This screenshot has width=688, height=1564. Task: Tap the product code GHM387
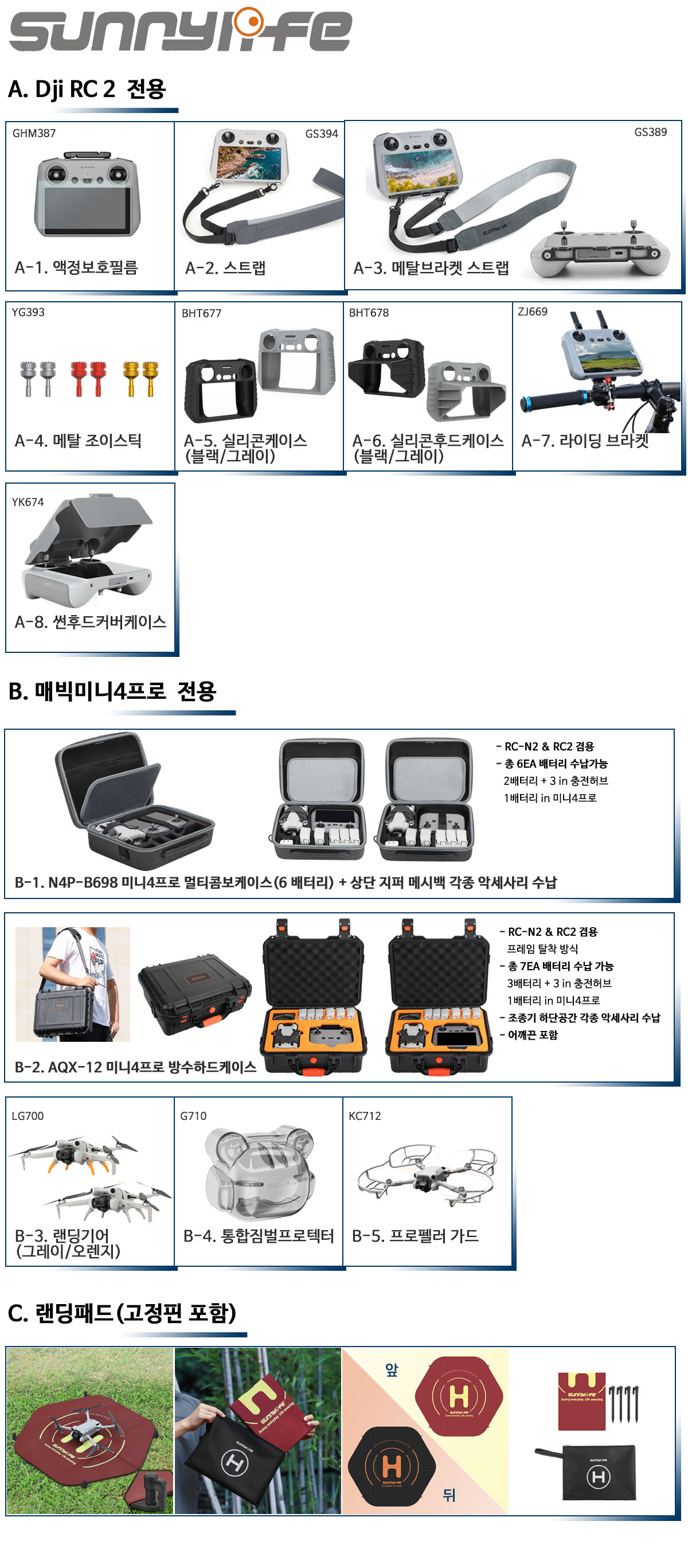point(34,133)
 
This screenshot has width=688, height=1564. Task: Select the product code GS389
point(650,132)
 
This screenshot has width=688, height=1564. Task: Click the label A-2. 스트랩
point(225,268)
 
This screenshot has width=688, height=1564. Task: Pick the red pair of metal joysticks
point(88,378)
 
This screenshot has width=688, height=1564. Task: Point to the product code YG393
point(28,312)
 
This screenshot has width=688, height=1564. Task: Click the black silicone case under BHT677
point(220,390)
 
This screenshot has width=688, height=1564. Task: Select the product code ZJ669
point(532,312)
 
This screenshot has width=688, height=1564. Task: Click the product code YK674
point(28,502)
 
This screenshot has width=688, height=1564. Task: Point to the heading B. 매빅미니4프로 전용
point(112,691)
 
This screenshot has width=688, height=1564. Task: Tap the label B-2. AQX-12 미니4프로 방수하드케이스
point(135,1067)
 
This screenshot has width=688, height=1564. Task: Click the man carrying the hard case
point(73,983)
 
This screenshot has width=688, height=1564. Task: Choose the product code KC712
point(365,1116)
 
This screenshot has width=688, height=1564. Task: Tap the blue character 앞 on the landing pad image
point(392,1369)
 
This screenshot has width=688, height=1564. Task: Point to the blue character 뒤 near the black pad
point(449,1494)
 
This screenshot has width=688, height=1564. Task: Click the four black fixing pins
point(624,1403)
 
